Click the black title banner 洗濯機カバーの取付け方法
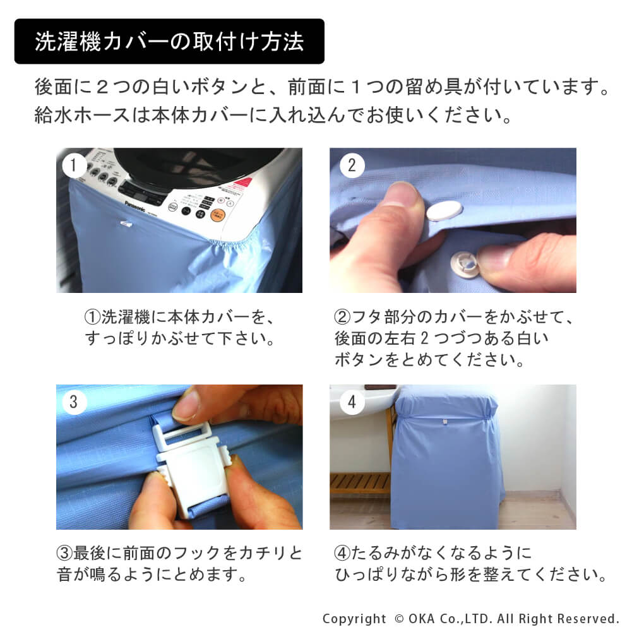[169, 41]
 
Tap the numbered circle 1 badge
[73, 165]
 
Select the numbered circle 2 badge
[352, 165]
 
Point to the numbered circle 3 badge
[73, 402]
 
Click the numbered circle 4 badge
[352, 402]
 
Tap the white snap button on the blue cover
[444, 210]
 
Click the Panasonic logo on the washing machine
[134, 206]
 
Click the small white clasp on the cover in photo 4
[445, 422]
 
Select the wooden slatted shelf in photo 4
[360, 482]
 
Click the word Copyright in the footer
[354, 619]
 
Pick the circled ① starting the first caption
[92, 317]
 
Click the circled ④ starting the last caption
[342, 553]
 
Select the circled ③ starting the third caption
[64, 553]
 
